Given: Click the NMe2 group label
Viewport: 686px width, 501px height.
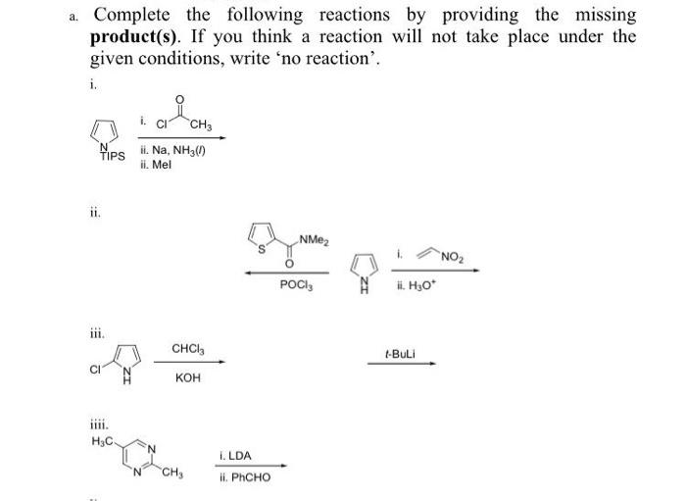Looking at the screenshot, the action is (314, 239).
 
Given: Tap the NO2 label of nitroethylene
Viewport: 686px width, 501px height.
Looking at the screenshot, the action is (456, 258).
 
